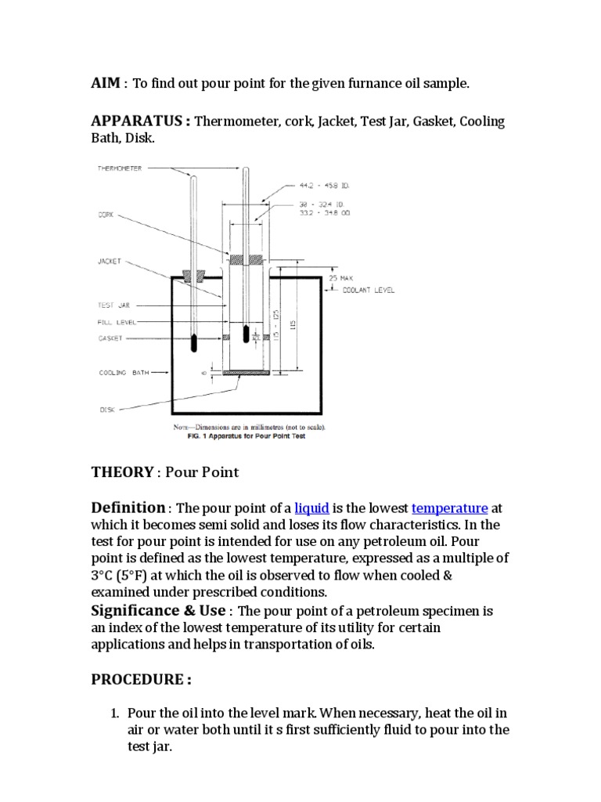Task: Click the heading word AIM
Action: [x=106, y=83]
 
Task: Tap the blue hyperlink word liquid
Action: [x=311, y=509]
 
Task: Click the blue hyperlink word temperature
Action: [x=449, y=509]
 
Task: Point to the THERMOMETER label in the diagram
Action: [x=120, y=168]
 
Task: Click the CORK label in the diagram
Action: [x=106, y=213]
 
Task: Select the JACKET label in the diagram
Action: [x=110, y=262]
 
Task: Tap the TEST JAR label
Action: [x=113, y=305]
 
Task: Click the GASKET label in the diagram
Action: [x=110, y=338]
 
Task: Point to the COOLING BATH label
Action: [x=124, y=373]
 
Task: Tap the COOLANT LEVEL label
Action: [x=369, y=290]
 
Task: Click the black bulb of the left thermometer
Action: [x=193, y=342]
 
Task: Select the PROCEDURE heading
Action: [x=141, y=680]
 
